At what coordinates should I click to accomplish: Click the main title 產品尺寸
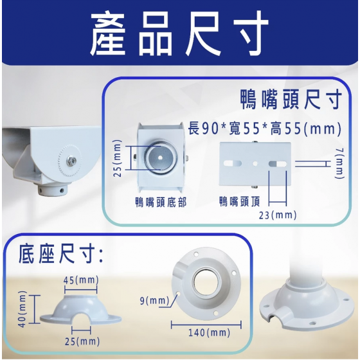(179, 33)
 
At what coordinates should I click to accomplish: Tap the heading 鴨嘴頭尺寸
(291, 100)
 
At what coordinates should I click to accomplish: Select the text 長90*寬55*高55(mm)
(264, 129)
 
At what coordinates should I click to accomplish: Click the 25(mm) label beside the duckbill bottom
(118, 158)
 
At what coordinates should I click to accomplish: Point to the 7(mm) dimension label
(340, 163)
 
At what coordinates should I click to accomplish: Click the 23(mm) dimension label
(278, 215)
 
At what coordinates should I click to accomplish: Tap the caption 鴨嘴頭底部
(161, 203)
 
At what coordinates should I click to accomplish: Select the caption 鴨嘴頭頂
(239, 201)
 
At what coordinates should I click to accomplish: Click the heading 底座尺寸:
(60, 255)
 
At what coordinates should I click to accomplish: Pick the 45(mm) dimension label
(81, 280)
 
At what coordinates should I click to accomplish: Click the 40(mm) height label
(22, 309)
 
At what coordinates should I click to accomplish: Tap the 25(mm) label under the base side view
(82, 341)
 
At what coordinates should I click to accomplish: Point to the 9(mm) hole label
(154, 301)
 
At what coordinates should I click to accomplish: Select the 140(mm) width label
(209, 332)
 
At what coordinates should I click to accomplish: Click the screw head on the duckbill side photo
(71, 160)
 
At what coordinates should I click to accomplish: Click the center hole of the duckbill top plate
(255, 164)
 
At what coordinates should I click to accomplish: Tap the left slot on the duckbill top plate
(233, 163)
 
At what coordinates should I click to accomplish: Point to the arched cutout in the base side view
(81, 319)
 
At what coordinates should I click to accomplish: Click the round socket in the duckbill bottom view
(160, 157)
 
